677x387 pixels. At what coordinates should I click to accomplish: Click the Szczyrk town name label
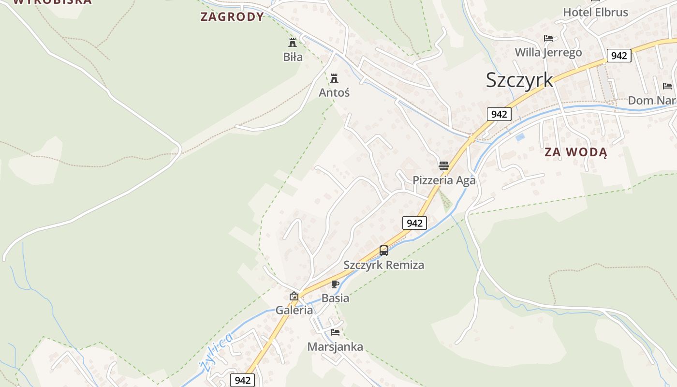click(x=519, y=80)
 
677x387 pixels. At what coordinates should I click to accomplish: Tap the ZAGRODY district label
click(x=232, y=16)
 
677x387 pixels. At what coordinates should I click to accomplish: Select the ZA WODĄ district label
click(x=575, y=152)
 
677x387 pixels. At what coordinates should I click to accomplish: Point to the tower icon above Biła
click(x=293, y=42)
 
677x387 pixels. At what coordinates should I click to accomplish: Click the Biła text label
click(x=293, y=57)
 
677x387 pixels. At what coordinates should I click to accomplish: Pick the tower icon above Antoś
click(x=334, y=78)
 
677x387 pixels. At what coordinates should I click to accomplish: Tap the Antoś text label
click(x=334, y=92)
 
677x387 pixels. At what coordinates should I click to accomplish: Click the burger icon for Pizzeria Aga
click(x=444, y=166)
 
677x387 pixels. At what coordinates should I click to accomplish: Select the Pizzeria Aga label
click(x=444, y=180)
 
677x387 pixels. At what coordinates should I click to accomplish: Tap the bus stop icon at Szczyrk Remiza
click(x=384, y=251)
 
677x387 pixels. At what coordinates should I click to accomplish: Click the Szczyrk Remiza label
click(x=384, y=265)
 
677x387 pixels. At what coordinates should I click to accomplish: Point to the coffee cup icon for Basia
click(x=335, y=284)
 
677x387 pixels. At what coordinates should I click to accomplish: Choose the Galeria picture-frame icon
click(x=294, y=296)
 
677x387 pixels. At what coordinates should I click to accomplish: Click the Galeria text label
click(x=294, y=311)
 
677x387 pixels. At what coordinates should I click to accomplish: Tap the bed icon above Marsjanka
click(x=335, y=332)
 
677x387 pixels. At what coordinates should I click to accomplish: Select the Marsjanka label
click(x=335, y=347)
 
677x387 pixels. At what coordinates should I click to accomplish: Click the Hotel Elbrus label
click(x=595, y=13)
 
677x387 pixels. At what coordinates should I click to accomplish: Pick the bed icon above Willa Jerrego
click(x=548, y=38)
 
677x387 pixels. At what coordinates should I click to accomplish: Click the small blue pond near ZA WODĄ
click(x=520, y=137)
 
